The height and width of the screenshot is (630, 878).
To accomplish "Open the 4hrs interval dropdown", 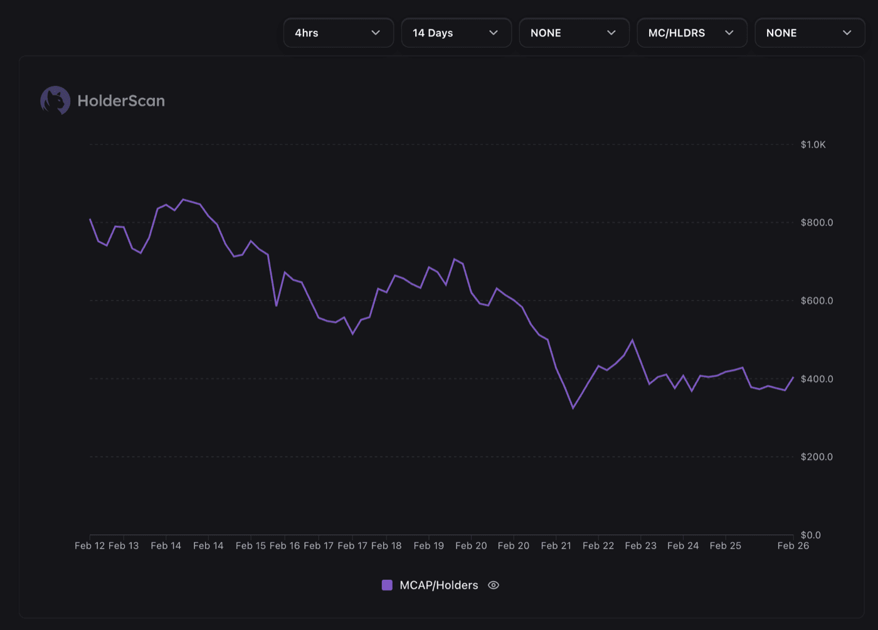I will [338, 33].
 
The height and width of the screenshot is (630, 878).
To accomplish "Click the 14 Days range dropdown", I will [456, 33].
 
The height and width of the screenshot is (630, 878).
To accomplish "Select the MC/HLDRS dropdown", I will [692, 33].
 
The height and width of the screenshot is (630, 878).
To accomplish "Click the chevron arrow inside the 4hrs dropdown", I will [376, 33].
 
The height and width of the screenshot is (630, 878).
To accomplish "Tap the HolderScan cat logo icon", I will [55, 100].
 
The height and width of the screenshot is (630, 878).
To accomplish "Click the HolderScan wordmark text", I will [121, 100].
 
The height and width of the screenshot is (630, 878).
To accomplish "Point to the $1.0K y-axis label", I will [813, 144].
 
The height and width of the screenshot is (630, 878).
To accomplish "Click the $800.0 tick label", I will [817, 222].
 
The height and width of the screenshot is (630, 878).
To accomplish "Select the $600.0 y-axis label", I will [817, 301].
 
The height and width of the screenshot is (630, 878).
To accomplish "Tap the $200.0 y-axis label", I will [817, 457].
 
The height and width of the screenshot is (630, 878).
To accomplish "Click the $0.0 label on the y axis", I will [810, 535].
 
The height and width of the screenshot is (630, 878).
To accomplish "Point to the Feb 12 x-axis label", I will [90, 545].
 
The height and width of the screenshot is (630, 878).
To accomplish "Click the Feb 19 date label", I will [428, 545].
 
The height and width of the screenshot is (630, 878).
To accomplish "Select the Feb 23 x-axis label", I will [640, 545].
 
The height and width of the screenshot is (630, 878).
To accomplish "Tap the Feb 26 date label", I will [793, 545].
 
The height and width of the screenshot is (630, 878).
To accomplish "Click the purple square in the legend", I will [387, 585].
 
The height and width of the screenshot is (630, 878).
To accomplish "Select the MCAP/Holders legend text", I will [438, 585].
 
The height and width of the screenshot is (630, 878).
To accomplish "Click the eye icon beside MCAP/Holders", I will [494, 585].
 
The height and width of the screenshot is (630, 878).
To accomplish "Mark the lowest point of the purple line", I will [573, 408].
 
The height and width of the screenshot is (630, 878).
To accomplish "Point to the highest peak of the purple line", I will [183, 200].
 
